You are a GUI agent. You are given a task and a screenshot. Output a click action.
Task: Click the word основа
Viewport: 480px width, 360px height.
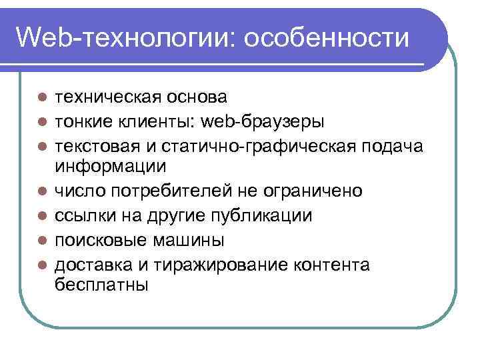click(197, 97)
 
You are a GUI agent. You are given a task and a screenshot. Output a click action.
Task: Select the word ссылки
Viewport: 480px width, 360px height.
click(83, 216)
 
